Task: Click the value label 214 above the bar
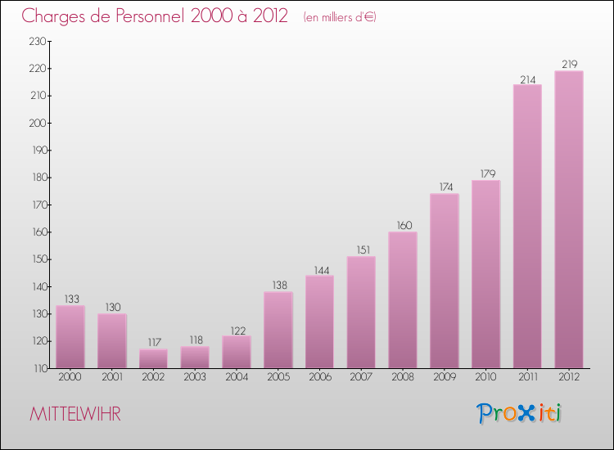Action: tap(527, 79)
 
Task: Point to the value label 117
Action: tap(153, 343)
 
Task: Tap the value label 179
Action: tap(486, 173)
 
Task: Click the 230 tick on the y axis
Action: tap(38, 42)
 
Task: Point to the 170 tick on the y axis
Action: tap(38, 205)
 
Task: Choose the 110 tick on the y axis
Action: tap(38, 369)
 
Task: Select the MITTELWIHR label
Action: tap(75, 414)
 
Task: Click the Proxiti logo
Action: tap(521, 413)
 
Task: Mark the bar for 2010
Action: tap(486, 274)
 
